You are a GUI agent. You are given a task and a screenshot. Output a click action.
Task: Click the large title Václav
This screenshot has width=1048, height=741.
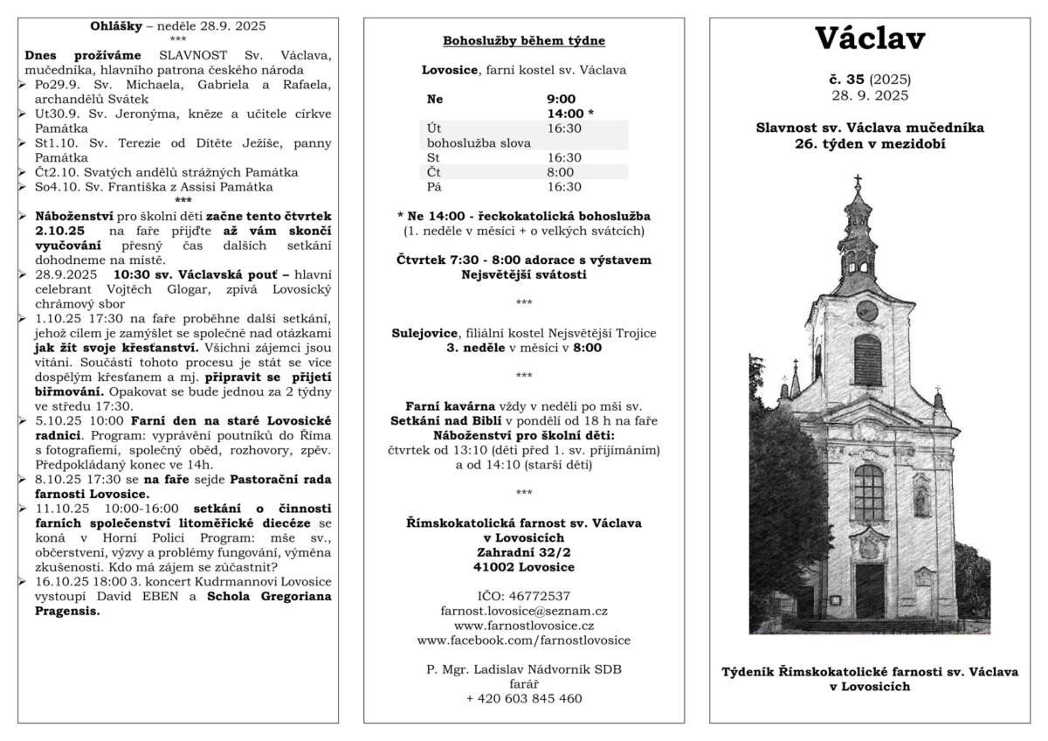pos(871,38)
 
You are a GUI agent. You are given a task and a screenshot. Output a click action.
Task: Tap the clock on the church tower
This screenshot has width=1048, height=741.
pos(866,309)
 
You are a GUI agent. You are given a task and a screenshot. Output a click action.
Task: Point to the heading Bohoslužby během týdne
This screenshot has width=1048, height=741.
pos(523,41)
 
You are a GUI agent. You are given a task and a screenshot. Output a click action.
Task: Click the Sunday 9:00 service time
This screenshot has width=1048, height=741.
pos(561,99)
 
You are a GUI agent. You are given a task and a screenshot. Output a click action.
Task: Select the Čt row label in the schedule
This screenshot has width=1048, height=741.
pos(433,172)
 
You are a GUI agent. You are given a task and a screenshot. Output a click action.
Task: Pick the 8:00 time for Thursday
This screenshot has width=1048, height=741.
pos(560,172)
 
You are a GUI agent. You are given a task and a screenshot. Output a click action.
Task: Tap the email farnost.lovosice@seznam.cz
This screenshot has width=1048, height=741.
pos(523,611)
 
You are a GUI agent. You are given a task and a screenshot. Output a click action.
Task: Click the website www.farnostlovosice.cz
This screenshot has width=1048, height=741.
pos(523,626)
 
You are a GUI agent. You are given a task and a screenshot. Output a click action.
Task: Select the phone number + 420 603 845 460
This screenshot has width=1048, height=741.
pos(523,698)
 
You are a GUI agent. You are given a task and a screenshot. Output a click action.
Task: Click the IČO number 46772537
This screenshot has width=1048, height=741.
pos(523,596)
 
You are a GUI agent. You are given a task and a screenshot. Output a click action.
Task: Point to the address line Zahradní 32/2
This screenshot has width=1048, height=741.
pos(523,552)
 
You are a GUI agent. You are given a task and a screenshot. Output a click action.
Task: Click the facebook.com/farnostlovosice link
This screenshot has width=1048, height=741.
pos(523,641)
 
